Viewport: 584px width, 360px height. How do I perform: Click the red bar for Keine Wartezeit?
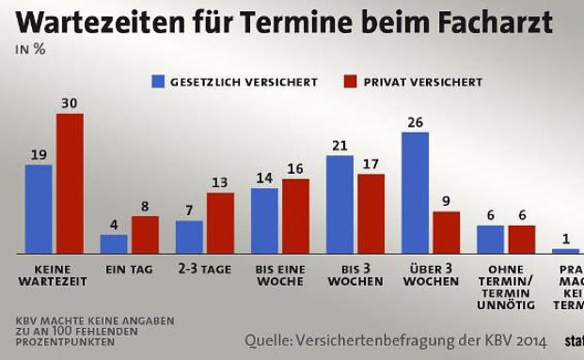click(x=70, y=183)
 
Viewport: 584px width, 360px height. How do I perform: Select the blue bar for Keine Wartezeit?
click(x=39, y=209)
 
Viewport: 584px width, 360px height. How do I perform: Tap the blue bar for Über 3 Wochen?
click(x=415, y=193)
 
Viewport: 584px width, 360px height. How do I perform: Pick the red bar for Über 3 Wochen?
click(x=446, y=232)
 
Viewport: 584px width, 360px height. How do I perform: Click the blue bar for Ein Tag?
click(x=114, y=243)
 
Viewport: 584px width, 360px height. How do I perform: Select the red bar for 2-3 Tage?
click(x=220, y=223)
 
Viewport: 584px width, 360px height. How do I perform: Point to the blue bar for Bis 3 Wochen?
click(x=339, y=204)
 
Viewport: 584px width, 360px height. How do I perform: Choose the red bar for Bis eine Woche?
click(x=295, y=215)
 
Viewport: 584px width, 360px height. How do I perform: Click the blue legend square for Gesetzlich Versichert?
click(x=159, y=82)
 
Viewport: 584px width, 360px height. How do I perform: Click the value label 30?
click(x=70, y=104)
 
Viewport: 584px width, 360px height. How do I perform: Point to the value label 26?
click(x=415, y=122)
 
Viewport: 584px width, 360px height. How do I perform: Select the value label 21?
click(x=339, y=146)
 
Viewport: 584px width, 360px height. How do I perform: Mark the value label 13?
click(x=220, y=182)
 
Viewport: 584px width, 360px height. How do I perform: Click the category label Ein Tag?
click(x=129, y=269)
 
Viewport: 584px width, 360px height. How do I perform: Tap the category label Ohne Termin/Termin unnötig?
click(x=505, y=287)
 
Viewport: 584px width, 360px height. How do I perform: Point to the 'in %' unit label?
click(x=30, y=50)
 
